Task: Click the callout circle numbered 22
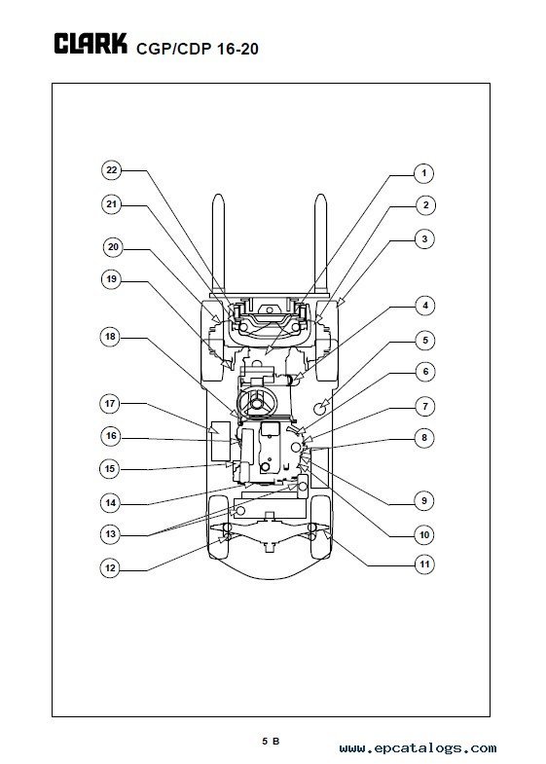coord(112,170)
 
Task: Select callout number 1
coord(423,173)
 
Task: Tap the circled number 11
coord(424,564)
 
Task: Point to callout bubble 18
coord(110,337)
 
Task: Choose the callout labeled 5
coord(425,340)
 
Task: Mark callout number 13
coord(111,534)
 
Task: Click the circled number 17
coord(110,404)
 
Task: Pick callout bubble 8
coord(424,438)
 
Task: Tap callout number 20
coord(113,247)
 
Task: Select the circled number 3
coord(424,238)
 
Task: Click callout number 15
coord(110,469)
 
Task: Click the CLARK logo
coord(91,44)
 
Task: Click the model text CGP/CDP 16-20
coord(198,49)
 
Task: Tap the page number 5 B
coord(271,741)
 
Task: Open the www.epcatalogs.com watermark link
coord(418,747)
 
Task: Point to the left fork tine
coord(218,243)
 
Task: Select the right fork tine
coord(320,243)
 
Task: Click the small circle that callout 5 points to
coord(322,407)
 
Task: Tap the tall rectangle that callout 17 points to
coord(221,441)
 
